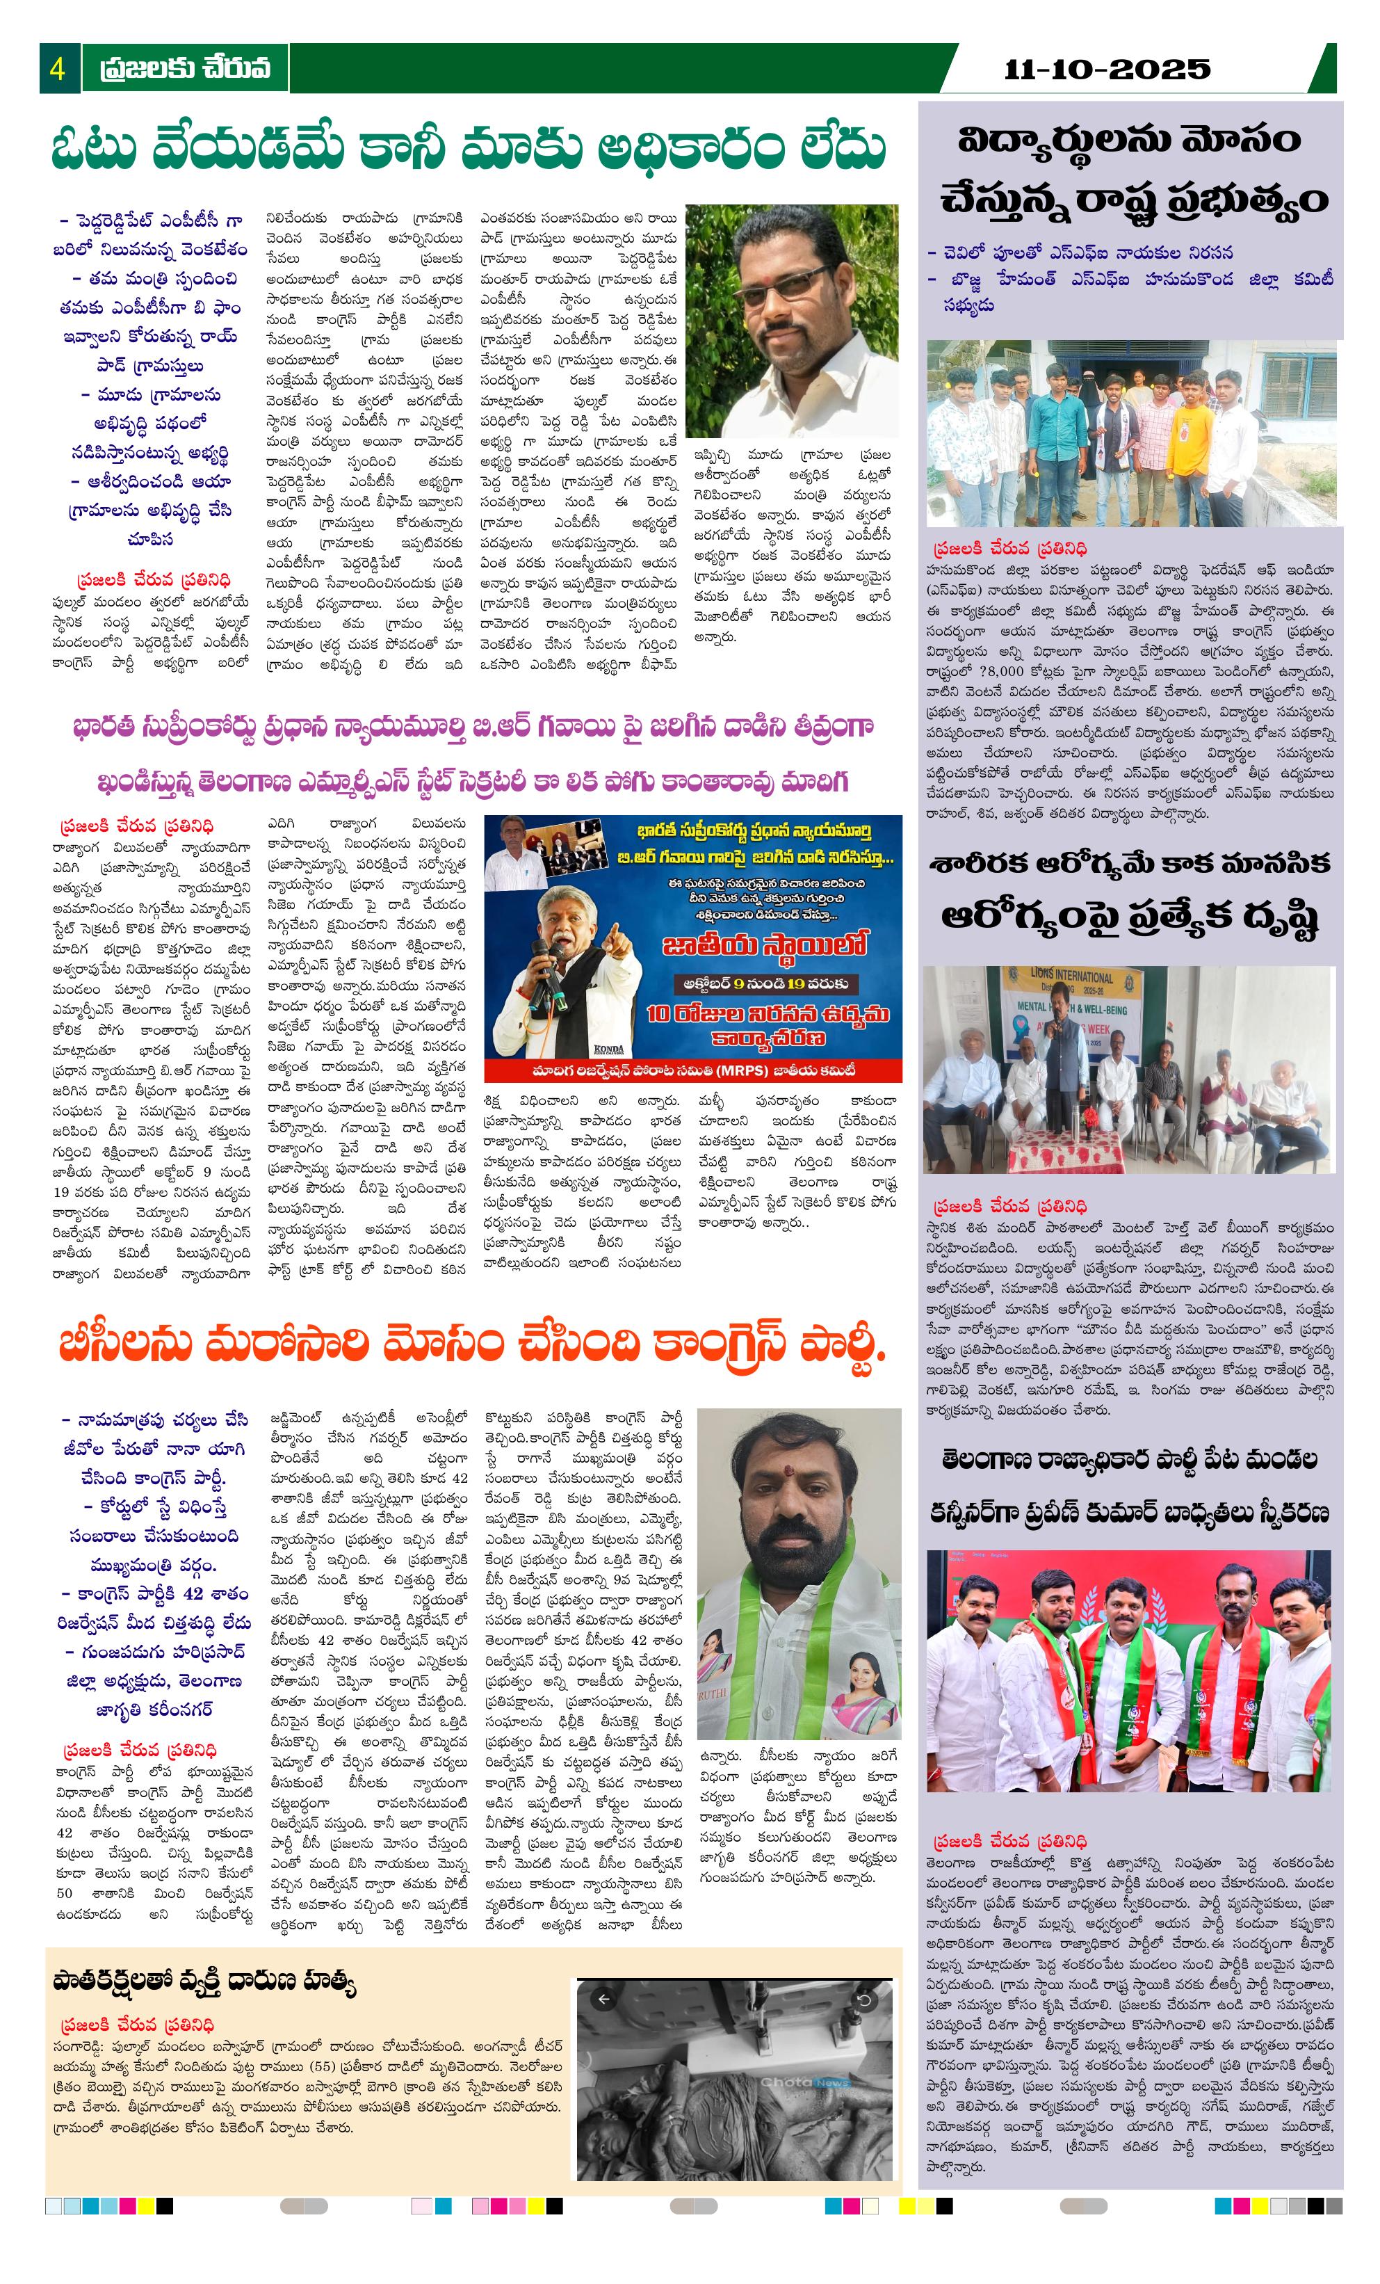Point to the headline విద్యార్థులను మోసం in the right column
pos(1129,142)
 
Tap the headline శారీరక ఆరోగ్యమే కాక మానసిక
pos(1129,864)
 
